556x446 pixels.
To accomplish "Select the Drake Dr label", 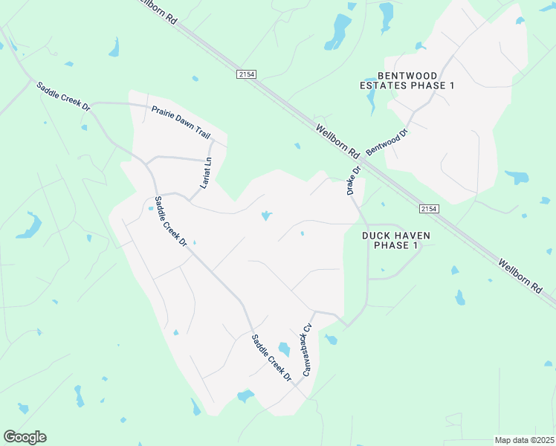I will point(354,180).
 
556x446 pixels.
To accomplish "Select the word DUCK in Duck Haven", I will point(376,236).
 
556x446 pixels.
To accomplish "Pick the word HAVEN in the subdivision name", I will point(412,236).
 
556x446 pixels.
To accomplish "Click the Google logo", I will point(25,437).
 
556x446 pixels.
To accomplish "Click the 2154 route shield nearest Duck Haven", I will point(427,209).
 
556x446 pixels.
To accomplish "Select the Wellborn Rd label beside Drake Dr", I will point(338,141).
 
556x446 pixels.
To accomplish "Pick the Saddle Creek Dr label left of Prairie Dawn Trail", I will point(64,97).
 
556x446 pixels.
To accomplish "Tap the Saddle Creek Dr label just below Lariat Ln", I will point(170,221).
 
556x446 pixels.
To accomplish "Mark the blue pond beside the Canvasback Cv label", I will point(283,349).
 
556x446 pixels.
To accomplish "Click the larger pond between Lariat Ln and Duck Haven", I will point(266,216).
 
